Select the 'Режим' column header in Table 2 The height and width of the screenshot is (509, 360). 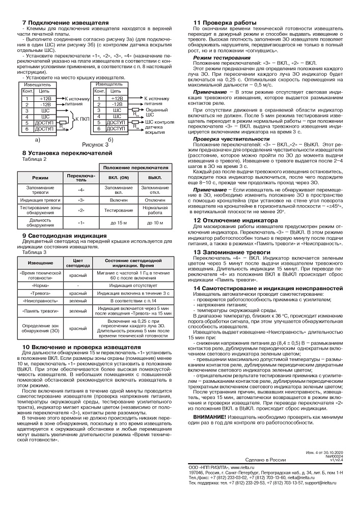(x=41, y=177)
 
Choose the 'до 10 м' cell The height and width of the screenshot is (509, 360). (x=151, y=222)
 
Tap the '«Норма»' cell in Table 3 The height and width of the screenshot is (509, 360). (x=40, y=286)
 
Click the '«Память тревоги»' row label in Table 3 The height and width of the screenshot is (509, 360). (x=40, y=311)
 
